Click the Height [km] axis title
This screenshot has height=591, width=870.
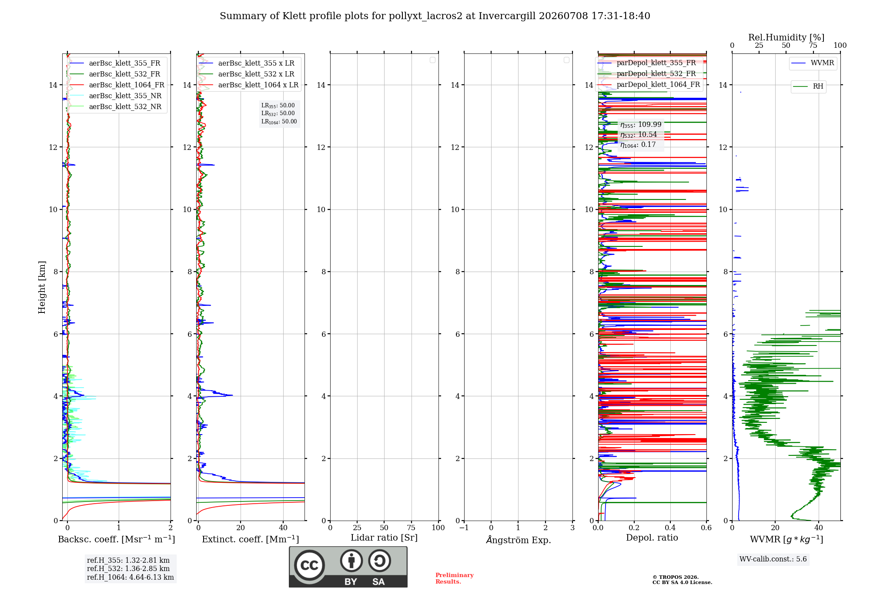tap(42, 287)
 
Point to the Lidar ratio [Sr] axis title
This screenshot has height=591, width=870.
tap(384, 538)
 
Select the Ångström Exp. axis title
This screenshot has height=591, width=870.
tap(519, 540)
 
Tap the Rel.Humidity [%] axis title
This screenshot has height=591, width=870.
tap(786, 37)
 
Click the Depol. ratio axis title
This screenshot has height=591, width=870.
tap(652, 538)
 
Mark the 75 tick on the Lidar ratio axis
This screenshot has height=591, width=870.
tap(411, 528)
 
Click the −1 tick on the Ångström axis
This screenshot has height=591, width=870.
tap(464, 528)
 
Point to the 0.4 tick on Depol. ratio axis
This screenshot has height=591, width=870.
tap(670, 528)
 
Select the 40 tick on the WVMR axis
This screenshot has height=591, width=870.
tap(819, 528)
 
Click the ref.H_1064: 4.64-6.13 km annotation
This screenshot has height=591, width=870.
tap(130, 578)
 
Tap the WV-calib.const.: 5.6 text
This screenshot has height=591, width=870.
tap(773, 559)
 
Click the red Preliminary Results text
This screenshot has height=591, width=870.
tap(455, 578)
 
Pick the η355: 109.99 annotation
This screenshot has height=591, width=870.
tap(641, 125)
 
